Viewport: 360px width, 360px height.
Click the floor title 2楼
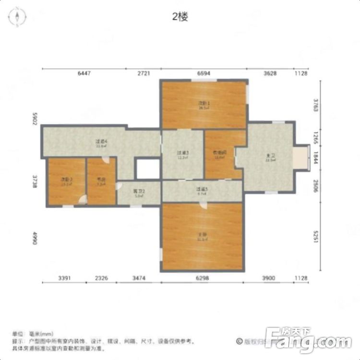[x=180, y=17]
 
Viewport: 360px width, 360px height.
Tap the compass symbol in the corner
[x=16, y=17]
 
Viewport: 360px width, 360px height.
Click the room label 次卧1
[x=204, y=103]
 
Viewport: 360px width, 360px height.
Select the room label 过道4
[x=100, y=142]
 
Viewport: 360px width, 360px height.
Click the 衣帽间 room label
[x=219, y=153]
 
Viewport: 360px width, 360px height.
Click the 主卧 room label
[x=201, y=235]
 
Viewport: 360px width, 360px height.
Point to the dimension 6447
[x=84, y=73]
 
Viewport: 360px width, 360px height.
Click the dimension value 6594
[x=204, y=73]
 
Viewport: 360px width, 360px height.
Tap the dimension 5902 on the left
[x=35, y=119]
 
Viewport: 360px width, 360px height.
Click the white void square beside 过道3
[x=148, y=168]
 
